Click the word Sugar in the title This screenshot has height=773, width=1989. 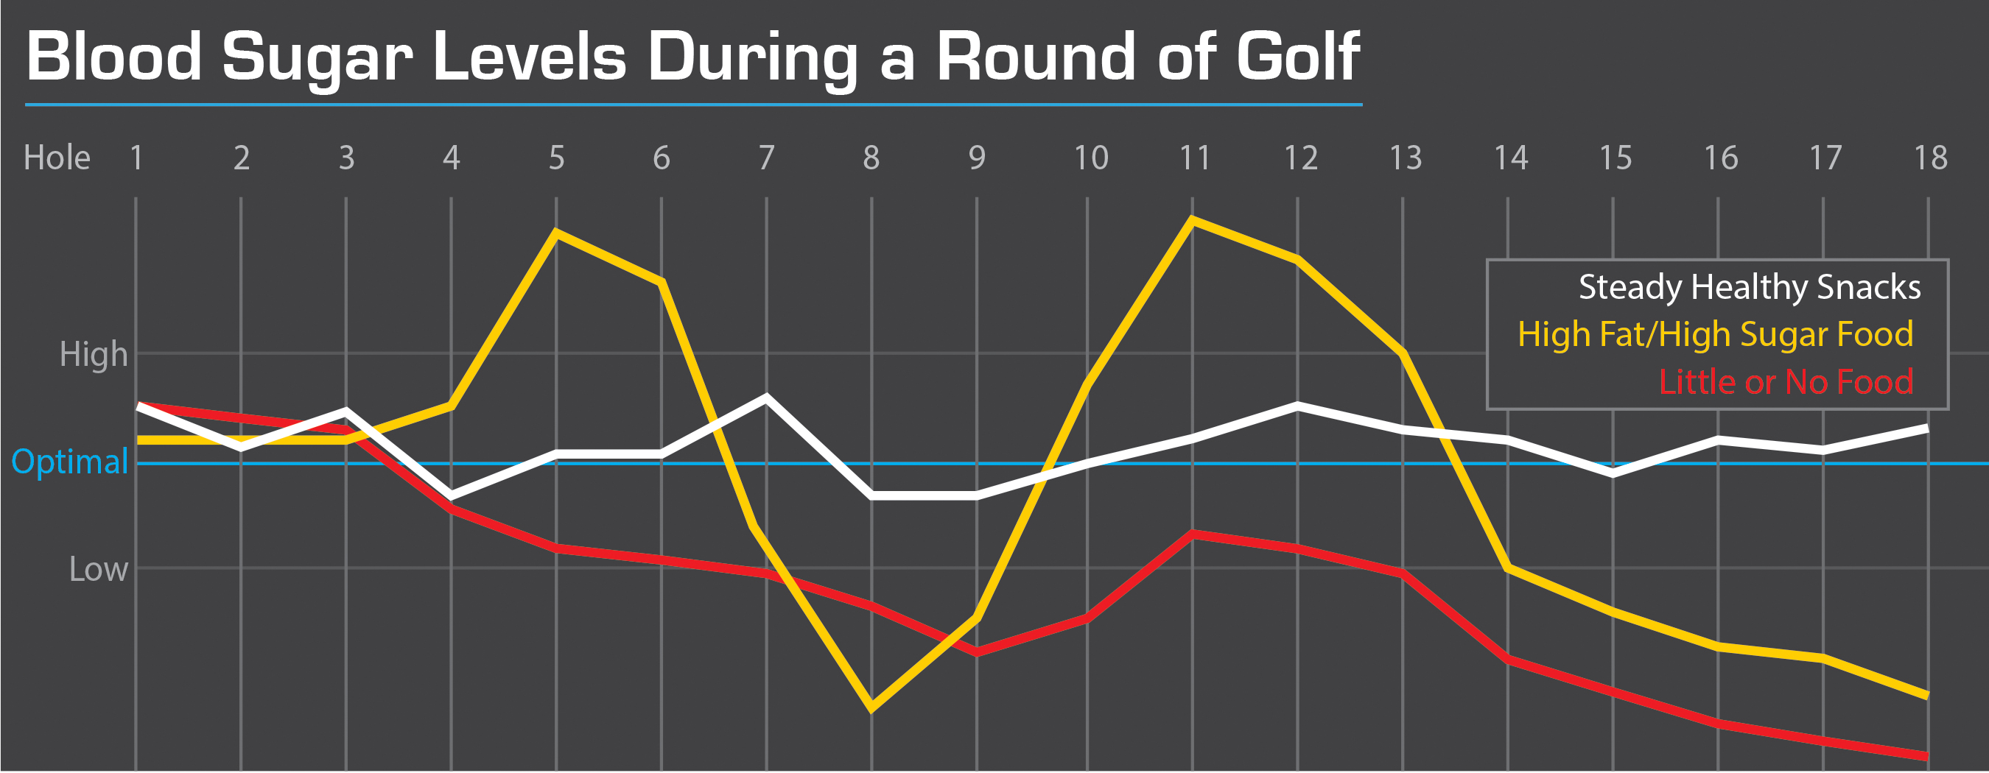318,58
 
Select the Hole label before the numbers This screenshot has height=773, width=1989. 57,158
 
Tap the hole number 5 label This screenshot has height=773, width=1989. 557,158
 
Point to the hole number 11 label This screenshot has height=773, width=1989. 1194,158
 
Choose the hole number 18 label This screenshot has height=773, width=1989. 1930,158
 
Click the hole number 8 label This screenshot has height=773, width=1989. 871,158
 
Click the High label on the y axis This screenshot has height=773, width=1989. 94,355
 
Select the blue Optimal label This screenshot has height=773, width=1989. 69,462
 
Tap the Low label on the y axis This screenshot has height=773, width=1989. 98,569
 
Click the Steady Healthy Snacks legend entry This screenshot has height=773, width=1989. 1750,287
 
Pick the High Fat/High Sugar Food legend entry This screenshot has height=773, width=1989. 1716,335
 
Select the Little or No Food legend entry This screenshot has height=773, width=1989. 1786,382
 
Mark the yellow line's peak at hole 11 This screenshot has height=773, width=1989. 1193,221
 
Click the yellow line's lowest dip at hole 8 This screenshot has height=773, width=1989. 871,707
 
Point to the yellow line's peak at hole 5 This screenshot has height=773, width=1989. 557,232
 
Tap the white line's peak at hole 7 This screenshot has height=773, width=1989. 766,398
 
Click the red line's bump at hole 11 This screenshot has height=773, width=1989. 1193,534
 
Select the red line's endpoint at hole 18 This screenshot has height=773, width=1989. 1927,756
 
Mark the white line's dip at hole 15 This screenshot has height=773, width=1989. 1613,473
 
